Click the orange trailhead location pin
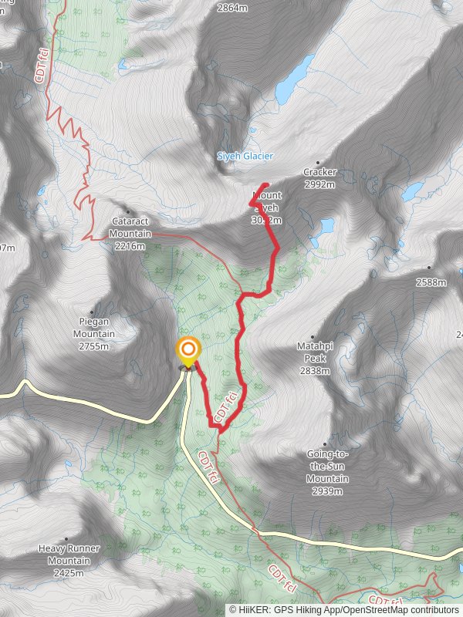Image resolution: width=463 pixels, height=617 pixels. click(x=188, y=352)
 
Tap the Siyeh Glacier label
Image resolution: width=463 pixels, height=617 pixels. click(x=245, y=156)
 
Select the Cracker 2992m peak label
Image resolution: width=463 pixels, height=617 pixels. click(x=319, y=178)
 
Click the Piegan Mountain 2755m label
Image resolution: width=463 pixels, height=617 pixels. click(x=94, y=334)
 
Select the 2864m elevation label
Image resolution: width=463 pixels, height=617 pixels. click(x=232, y=8)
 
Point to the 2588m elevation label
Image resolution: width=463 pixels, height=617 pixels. click(x=431, y=282)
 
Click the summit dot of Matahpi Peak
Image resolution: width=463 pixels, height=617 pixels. click(x=313, y=337)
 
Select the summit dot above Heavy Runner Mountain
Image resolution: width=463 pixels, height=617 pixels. click(x=68, y=539)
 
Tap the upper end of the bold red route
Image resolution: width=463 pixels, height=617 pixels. click(x=265, y=184)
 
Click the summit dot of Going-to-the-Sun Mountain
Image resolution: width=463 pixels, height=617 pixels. click(x=324, y=443)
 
